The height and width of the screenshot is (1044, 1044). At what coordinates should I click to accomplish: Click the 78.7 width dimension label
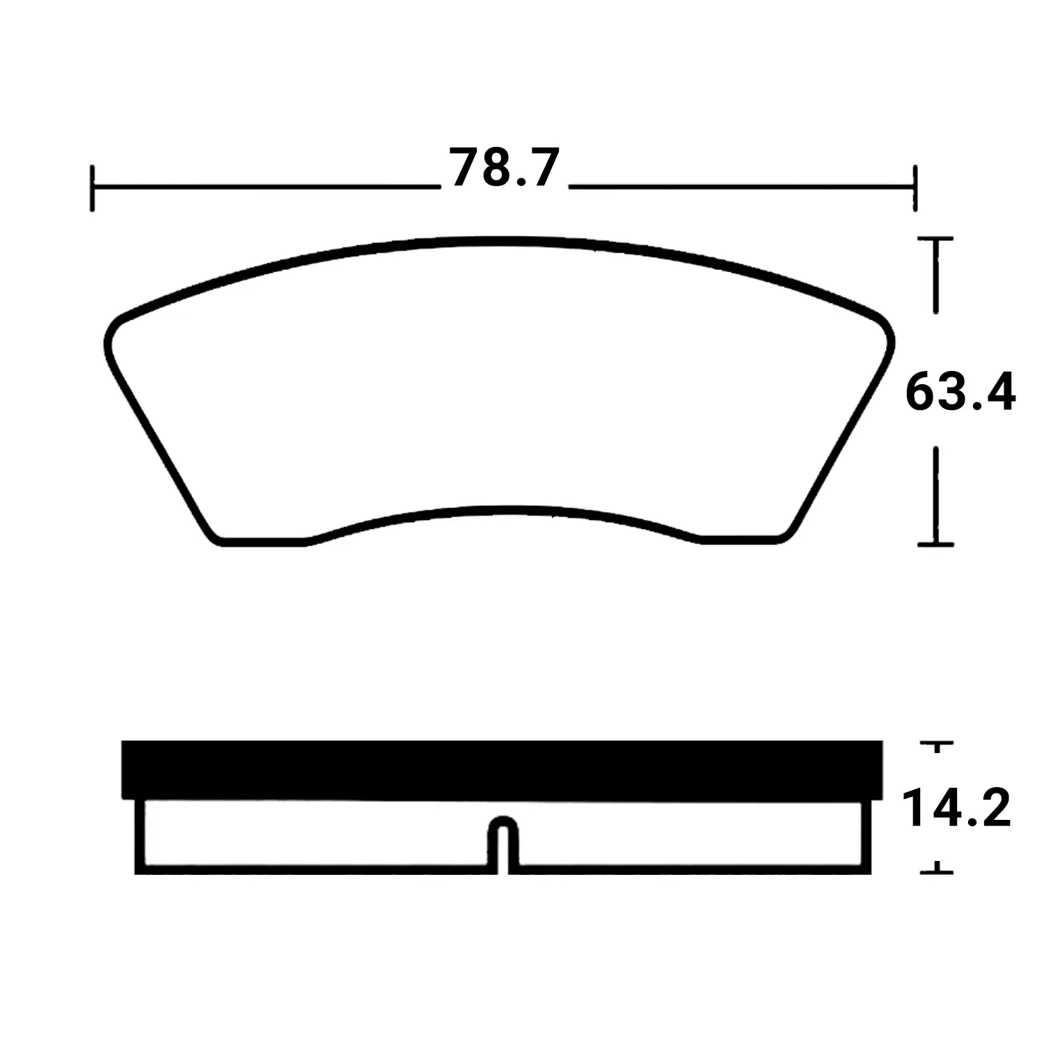504,168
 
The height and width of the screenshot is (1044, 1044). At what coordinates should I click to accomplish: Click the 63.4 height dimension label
960,393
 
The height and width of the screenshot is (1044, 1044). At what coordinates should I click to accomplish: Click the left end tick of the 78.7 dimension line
92,188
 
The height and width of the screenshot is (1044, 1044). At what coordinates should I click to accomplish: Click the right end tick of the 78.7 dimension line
915,188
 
